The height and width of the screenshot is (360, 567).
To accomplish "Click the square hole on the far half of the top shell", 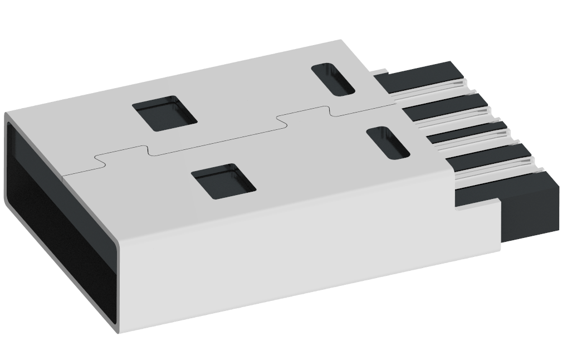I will click(x=167, y=113).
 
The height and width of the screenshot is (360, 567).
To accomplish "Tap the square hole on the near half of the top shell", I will click(x=223, y=181).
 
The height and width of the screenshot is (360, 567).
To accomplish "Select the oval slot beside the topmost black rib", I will click(x=333, y=79).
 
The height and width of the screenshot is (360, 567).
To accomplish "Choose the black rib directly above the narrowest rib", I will click(x=446, y=106).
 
